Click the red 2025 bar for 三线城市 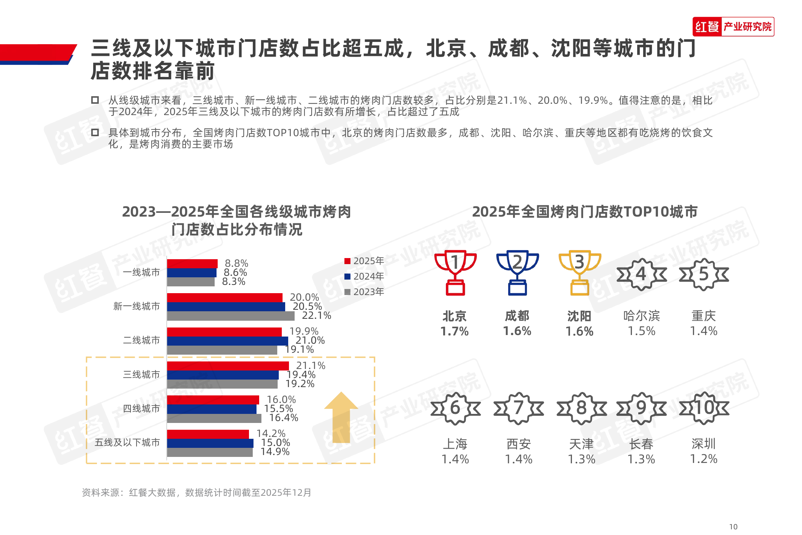click(x=227, y=366)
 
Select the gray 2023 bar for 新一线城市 click(x=230, y=316)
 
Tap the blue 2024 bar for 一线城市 click(x=192, y=273)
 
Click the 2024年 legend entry click(x=364, y=276)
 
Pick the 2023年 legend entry click(x=364, y=292)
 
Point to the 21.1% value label click(x=310, y=366)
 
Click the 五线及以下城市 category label click(x=127, y=442)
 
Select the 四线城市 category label click(x=141, y=408)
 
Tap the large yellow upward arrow click(x=341, y=417)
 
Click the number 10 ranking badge click(x=704, y=408)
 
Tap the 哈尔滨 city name click(x=641, y=316)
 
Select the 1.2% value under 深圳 click(x=704, y=459)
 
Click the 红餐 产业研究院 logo click(x=733, y=27)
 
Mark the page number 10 click(x=733, y=527)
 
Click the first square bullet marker click(x=95, y=100)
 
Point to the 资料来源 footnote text click(x=197, y=492)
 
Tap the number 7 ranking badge click(x=519, y=408)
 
